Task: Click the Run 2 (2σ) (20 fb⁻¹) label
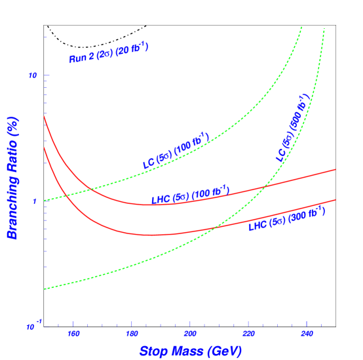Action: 109,52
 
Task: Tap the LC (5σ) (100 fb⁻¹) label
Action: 176,150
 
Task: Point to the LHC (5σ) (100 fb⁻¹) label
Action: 191,195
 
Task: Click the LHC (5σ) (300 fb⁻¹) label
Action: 286,218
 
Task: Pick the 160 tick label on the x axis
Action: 73,334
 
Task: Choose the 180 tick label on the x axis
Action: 132,334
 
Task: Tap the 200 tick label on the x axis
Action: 190,334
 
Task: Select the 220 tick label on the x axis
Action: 248,334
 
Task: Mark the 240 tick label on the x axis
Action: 306,334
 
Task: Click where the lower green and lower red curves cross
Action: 216,227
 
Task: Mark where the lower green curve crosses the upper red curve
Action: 265,187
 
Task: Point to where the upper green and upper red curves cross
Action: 90,189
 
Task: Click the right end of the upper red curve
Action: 335,169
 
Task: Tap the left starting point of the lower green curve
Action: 45,289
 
